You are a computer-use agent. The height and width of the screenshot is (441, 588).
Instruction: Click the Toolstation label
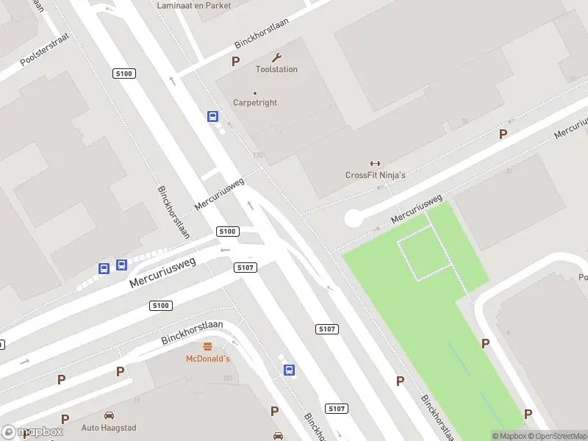(x=276, y=69)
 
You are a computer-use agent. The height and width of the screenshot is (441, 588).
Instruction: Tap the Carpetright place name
(x=255, y=103)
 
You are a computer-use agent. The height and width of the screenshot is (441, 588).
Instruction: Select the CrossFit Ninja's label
(x=376, y=175)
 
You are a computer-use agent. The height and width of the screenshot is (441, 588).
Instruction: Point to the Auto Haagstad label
(x=109, y=427)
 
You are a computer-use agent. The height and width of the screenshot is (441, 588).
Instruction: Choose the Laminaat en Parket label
(x=194, y=5)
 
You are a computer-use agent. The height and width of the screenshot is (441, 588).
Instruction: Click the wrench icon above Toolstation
(x=276, y=57)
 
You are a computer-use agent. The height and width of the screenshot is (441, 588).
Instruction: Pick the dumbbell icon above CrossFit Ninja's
(x=376, y=163)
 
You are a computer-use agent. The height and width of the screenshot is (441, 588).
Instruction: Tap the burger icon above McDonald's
(x=207, y=347)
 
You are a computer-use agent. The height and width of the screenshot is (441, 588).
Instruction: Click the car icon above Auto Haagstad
(x=109, y=415)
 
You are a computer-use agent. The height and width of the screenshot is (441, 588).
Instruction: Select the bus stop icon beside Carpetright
(x=212, y=116)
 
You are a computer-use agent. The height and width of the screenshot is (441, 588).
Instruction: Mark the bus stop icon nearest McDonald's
(x=290, y=370)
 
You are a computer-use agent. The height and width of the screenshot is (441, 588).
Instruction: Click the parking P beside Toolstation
(x=236, y=62)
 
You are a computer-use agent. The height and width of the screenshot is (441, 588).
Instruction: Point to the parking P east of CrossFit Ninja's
(x=503, y=135)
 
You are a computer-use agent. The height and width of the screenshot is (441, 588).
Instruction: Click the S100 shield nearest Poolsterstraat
(x=123, y=73)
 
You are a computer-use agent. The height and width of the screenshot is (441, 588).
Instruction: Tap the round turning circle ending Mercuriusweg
(x=354, y=218)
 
